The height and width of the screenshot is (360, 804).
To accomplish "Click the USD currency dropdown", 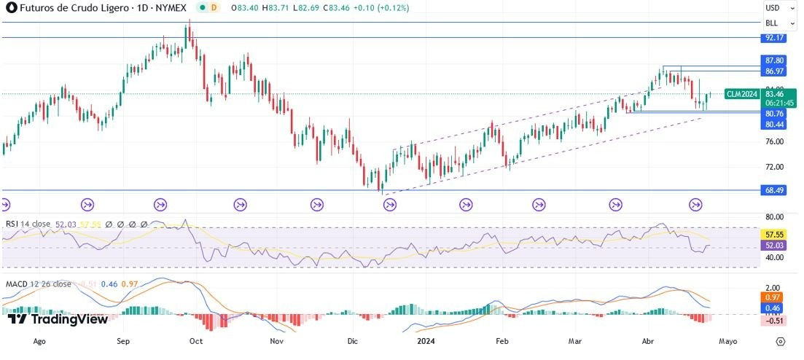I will point(773,8).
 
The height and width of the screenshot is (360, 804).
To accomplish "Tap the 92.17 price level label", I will point(773,37).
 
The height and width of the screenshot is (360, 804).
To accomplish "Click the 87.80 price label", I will point(773,60).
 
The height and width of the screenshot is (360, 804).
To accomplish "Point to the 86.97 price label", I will point(773,71).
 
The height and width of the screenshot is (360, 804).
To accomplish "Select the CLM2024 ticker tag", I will point(742,94).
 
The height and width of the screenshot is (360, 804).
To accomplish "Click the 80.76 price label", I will point(773,114).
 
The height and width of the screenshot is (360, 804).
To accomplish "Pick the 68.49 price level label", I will point(773,190).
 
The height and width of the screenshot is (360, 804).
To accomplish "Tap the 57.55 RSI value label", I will point(773,235).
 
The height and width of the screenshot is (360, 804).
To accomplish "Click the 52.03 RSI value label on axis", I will point(773,246).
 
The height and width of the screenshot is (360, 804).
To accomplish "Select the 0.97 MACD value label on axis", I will point(773,298).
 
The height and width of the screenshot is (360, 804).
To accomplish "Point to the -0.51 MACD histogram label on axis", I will point(773,320).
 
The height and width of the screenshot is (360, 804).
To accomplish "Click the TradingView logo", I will point(58,319).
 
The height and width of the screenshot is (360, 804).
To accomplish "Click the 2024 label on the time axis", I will point(425,340).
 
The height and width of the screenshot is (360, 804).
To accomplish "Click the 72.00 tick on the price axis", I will point(773,167).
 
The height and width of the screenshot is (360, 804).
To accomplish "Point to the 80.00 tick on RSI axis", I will point(773,216).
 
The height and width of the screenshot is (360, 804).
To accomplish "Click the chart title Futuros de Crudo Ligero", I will point(69,7).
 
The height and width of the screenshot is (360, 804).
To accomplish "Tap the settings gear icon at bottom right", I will point(780,341).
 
